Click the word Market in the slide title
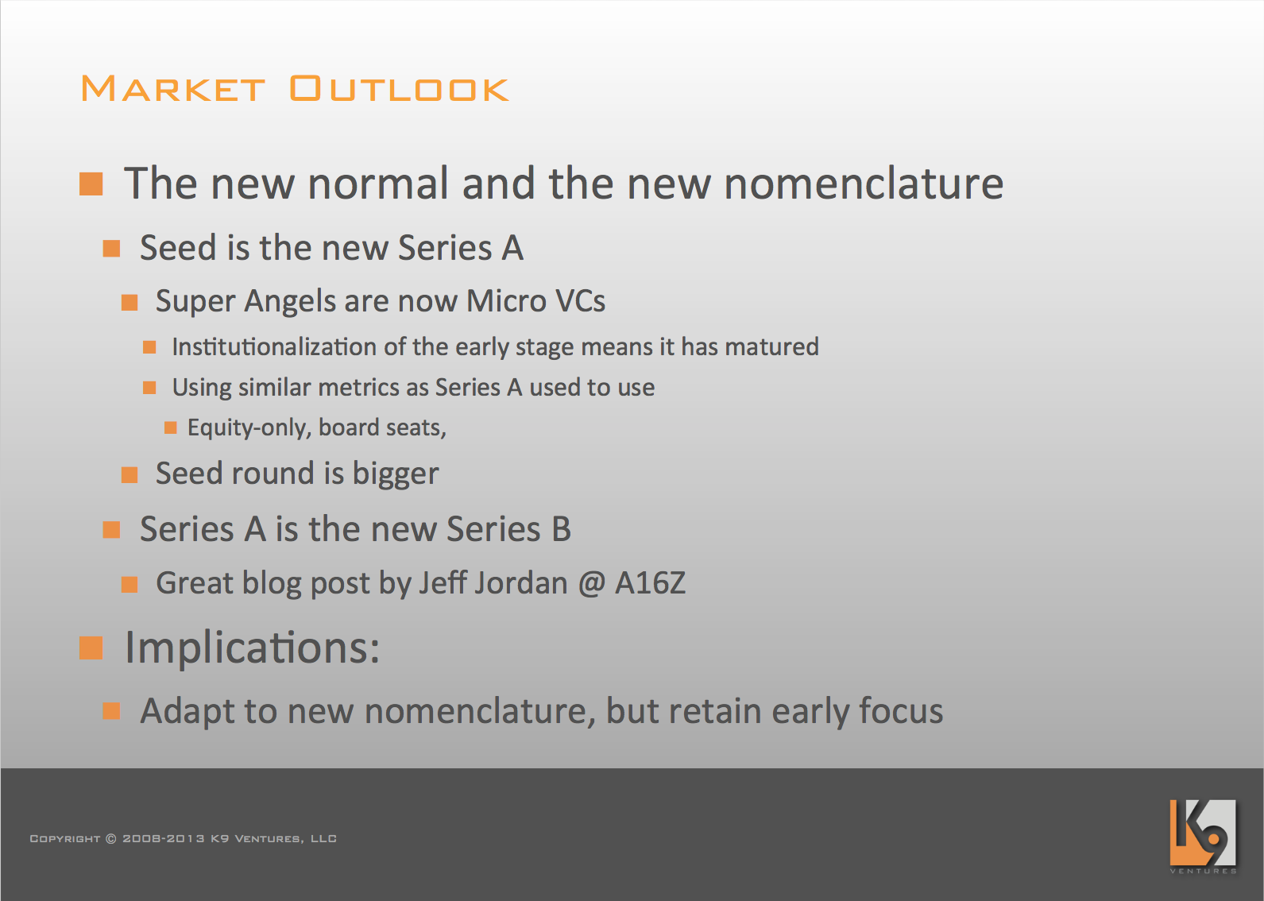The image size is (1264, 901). (x=172, y=88)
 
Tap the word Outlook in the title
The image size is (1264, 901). (x=399, y=88)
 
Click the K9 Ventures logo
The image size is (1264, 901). (x=1203, y=836)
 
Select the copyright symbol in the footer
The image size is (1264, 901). (x=111, y=839)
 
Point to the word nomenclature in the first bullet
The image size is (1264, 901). (x=864, y=184)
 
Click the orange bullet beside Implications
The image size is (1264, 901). (x=91, y=648)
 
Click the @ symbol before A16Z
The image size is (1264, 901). (x=591, y=583)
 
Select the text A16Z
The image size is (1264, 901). (x=650, y=583)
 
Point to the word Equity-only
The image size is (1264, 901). (x=249, y=428)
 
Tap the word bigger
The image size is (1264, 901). (x=396, y=474)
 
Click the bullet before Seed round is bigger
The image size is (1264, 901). (x=129, y=475)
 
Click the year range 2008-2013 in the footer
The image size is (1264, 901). (x=164, y=839)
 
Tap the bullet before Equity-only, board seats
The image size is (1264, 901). (x=171, y=427)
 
